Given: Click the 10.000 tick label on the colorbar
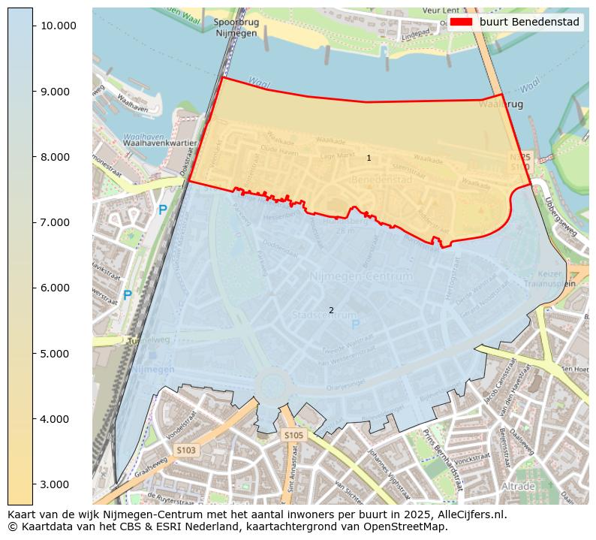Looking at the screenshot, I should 59,26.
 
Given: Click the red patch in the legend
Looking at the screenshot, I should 461,23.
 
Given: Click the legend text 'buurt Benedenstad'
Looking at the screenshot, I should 529,23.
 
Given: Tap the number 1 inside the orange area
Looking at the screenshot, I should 369,158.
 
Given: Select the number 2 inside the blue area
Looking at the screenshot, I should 331,310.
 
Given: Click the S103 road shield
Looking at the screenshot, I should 185,450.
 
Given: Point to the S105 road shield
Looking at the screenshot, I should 293,435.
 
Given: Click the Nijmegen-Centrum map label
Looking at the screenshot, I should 361,276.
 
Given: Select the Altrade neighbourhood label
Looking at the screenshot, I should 518,487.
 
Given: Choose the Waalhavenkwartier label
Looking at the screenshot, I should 159,143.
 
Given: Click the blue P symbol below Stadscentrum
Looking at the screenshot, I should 355,324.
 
